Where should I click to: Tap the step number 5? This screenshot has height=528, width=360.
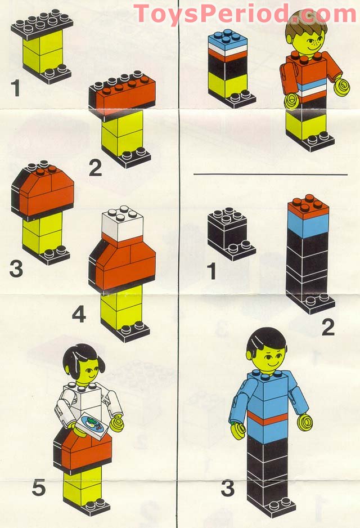point(38,487)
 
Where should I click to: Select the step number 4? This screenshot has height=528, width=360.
point(79,314)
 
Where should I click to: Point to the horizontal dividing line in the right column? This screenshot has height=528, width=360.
point(270,174)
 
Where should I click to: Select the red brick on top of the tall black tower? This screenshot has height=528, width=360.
point(308,207)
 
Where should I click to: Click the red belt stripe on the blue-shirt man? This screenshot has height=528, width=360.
point(268,419)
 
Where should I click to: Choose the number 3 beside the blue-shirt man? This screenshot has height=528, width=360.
point(227,488)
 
